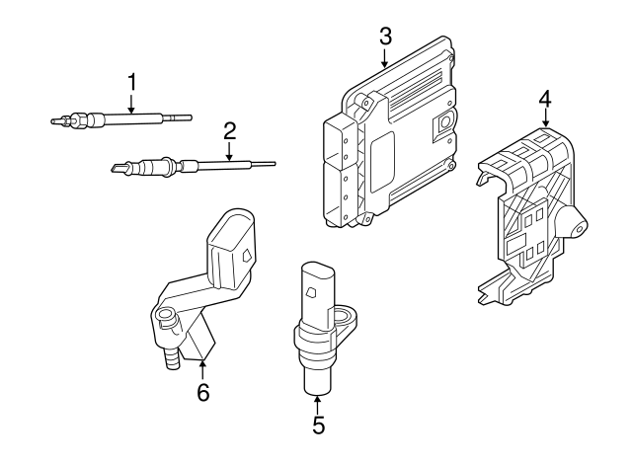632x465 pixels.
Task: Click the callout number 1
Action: click(130, 80)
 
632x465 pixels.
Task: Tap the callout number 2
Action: click(229, 129)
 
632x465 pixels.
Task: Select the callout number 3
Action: click(385, 37)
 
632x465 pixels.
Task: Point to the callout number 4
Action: click(545, 99)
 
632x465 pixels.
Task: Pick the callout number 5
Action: click(318, 426)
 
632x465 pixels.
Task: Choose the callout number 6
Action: click(202, 392)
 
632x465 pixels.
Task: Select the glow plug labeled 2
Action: click(188, 166)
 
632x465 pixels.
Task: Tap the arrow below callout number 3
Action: click(385, 57)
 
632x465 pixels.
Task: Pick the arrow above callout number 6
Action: click(202, 369)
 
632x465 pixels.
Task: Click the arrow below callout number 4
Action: click(545, 120)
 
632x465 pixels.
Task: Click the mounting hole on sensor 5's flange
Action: click(346, 318)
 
